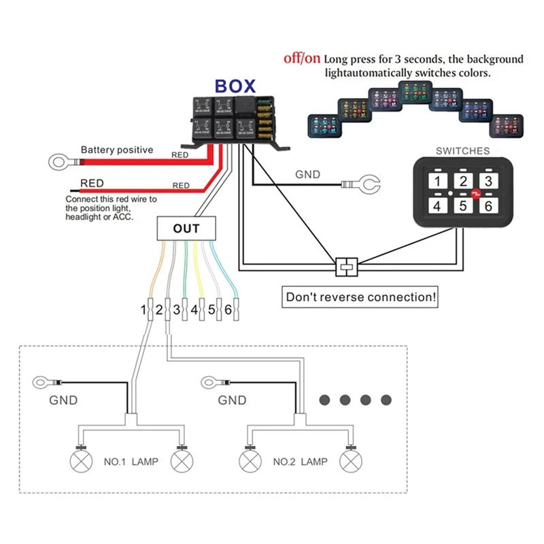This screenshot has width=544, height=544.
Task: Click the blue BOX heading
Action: coord(235,86)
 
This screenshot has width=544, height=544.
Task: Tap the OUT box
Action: coord(186,228)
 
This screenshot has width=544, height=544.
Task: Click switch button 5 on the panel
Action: coord(463,205)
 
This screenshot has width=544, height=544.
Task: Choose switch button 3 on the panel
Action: coord(486,181)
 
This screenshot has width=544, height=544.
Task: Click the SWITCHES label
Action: coord(462,151)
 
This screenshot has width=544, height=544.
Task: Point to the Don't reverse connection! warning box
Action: coord(361,297)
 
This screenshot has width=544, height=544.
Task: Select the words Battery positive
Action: coord(117,150)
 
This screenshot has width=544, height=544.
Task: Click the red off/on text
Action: coord(301,59)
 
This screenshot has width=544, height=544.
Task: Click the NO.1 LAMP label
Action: coord(131,462)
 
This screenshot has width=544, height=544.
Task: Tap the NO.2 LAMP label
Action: coord(300,462)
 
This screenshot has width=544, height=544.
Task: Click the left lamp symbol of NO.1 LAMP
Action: coord(81,462)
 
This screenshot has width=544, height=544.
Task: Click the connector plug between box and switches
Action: coord(345,265)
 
